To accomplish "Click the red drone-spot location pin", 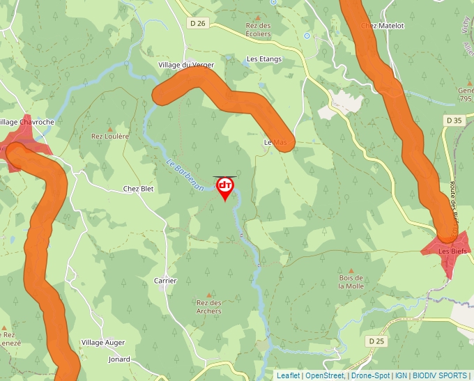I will [x=225, y=187].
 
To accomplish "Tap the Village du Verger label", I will [x=186, y=65].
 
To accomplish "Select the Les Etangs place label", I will [x=265, y=59].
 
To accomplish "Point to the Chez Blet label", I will [x=138, y=189].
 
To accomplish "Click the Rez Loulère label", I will [x=110, y=137].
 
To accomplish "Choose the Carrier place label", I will [x=165, y=281].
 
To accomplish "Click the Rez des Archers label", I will [x=209, y=307].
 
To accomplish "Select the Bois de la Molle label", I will [x=351, y=282].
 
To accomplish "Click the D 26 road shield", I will [x=198, y=23].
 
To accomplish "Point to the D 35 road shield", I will [x=454, y=120].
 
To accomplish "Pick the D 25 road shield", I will [x=375, y=341].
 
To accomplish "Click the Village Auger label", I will [x=102, y=343].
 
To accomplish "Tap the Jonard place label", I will [x=119, y=359].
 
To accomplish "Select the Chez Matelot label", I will [x=383, y=26].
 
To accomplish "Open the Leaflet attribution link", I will [x=288, y=375].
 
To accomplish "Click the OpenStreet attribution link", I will [x=326, y=375].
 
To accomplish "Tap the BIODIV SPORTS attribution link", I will [x=441, y=375].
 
